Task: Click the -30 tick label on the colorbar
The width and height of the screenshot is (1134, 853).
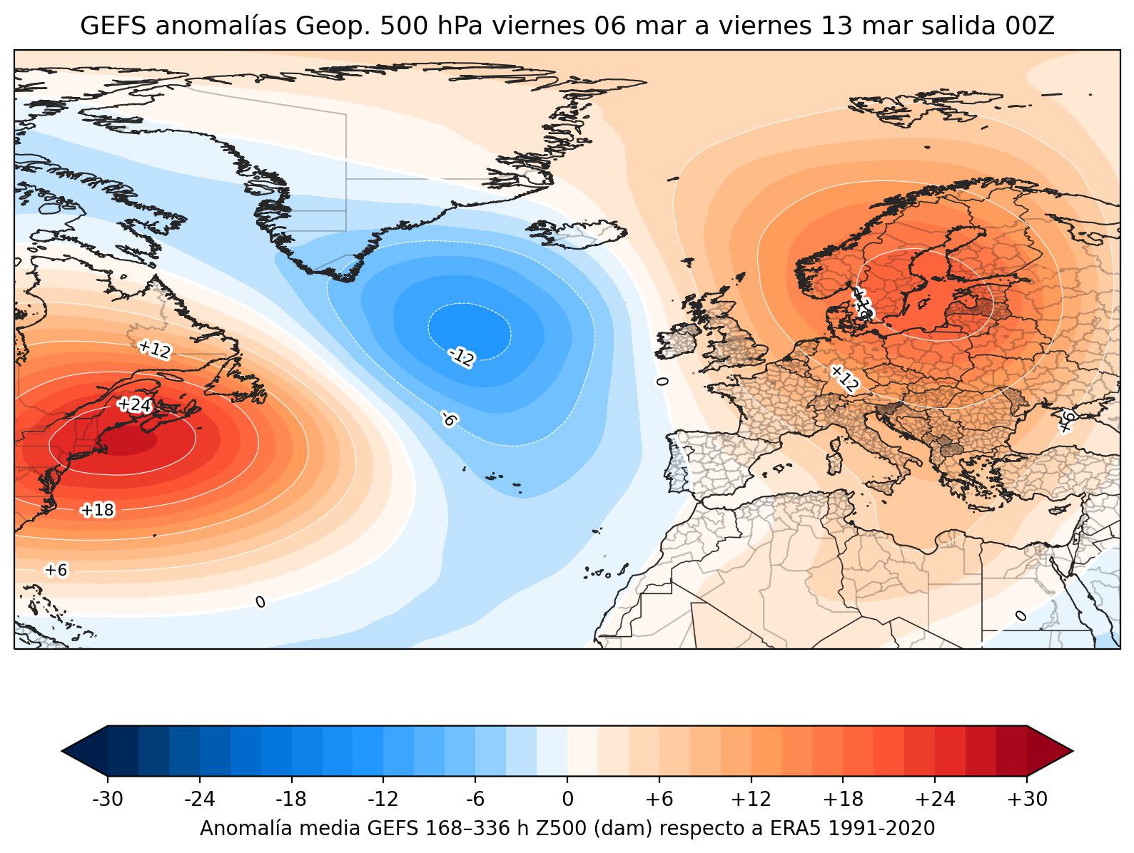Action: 108,800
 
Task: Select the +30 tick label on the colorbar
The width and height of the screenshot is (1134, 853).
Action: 1027,800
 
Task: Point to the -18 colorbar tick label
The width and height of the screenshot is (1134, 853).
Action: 292,800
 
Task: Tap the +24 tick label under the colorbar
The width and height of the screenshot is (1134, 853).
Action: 935,800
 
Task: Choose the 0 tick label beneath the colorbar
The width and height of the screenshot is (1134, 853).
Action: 567,800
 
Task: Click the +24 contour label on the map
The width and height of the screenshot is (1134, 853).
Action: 134,405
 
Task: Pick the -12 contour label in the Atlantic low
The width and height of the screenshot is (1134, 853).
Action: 461,357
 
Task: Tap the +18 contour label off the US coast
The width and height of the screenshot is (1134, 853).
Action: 97,510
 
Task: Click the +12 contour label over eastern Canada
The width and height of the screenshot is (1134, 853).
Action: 154,349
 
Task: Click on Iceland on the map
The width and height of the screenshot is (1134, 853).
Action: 577,232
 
